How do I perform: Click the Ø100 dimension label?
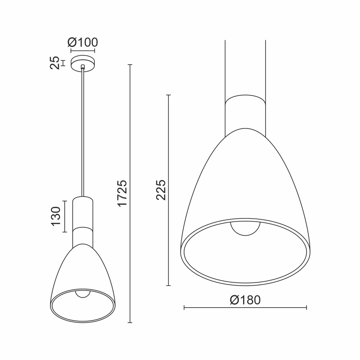83,42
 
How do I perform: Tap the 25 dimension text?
55,63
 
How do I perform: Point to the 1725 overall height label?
122,193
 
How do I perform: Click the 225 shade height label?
160,190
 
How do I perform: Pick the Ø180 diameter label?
245,300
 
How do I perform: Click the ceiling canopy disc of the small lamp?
83,63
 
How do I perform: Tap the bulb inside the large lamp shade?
245,228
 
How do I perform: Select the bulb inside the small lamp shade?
83,294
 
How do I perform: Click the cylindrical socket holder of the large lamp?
245,114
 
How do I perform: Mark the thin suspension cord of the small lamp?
83,132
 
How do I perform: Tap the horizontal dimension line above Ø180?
245,308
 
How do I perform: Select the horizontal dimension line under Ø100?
83,51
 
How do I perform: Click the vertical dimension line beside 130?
64,216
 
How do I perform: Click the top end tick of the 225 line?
168,95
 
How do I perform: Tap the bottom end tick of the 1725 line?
130,322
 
